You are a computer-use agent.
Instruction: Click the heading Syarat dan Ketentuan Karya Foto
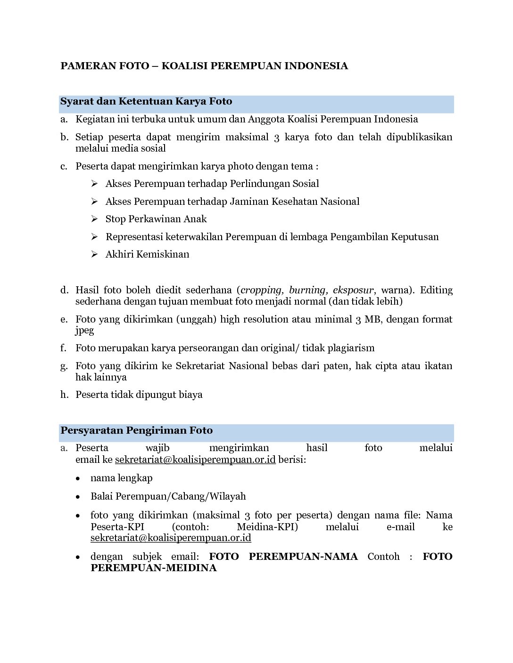146,101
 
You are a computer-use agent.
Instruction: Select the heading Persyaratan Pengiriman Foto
136,430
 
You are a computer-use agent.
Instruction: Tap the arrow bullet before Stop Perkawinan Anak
94,219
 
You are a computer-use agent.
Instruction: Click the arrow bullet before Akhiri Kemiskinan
94,254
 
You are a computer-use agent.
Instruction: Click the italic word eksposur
353,290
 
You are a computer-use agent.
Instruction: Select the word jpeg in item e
84,331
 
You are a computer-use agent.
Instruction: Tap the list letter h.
64,395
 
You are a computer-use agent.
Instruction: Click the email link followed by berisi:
195,460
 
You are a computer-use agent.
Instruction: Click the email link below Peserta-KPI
171,538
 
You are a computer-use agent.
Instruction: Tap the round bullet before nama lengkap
78,478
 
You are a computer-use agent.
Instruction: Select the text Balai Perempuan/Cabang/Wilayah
168,496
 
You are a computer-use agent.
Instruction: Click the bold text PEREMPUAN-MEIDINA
153,568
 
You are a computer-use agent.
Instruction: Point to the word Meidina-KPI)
267,526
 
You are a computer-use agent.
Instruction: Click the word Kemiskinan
163,254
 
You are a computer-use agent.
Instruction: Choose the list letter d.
64,290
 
